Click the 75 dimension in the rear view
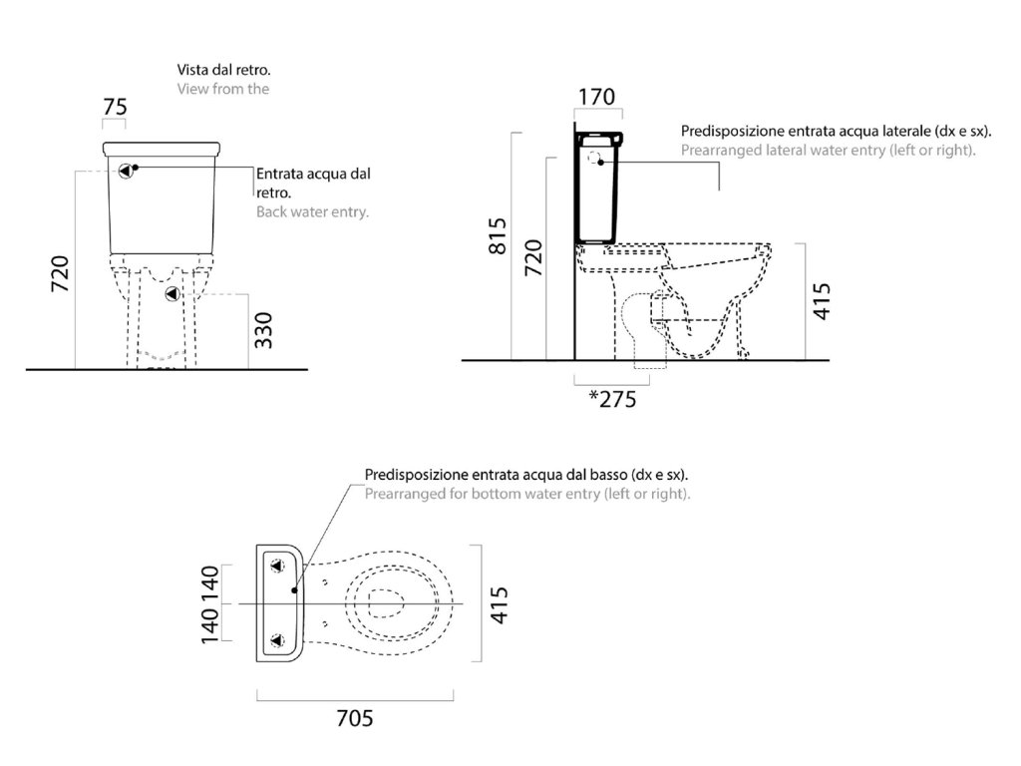click(x=116, y=107)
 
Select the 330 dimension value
click(x=264, y=329)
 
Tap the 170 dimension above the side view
click(x=597, y=98)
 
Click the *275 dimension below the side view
click(x=611, y=399)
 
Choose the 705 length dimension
click(x=354, y=717)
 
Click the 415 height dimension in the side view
click(x=822, y=300)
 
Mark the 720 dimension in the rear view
click(x=59, y=274)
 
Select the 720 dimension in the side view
click(x=534, y=258)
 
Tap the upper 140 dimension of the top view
click(x=210, y=584)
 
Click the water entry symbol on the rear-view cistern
click(x=125, y=171)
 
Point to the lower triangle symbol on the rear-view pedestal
click(x=171, y=294)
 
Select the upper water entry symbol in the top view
click(x=279, y=568)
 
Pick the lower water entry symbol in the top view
click(x=279, y=639)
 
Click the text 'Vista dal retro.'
click(x=223, y=71)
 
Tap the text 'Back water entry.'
click(x=312, y=211)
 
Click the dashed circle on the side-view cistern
click(x=598, y=159)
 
